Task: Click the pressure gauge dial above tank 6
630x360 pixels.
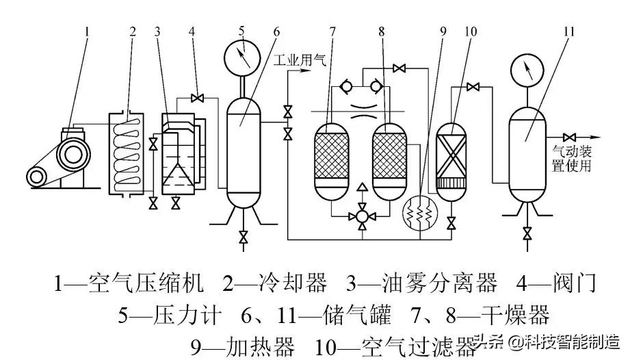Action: click(x=242, y=60)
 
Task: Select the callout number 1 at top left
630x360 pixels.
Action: click(x=87, y=31)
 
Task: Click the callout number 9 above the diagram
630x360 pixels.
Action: click(x=443, y=31)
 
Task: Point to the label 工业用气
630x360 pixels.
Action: click(x=300, y=61)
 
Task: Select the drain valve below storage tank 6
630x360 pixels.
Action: click(x=243, y=237)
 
